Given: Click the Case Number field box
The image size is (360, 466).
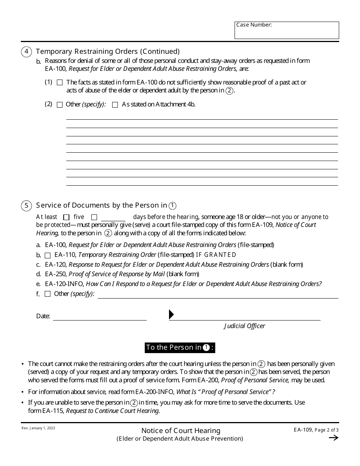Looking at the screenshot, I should click(x=286, y=30).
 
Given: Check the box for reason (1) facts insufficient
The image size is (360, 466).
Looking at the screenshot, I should click(x=59, y=82).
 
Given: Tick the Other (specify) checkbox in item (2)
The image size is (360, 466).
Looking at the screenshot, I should click(x=59, y=105).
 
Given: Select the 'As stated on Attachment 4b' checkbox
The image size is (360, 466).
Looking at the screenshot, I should click(x=115, y=105).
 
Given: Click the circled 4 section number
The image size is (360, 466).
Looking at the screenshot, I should click(x=26, y=52).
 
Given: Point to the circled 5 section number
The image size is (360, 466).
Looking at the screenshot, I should click(x=26, y=206).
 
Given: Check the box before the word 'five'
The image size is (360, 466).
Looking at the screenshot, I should click(x=66, y=217).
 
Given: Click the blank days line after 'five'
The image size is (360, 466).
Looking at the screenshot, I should click(x=113, y=217).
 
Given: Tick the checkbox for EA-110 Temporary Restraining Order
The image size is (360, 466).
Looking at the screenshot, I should click(x=48, y=255).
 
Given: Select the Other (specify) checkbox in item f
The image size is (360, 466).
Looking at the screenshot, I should click(x=48, y=294).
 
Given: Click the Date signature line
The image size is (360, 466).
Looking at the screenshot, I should click(x=100, y=316).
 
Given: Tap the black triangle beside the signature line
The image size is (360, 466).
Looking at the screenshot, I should click(x=171, y=314).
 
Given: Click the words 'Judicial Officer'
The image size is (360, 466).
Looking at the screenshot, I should click(x=244, y=326).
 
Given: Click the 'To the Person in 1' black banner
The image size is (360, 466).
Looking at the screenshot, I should click(x=180, y=348).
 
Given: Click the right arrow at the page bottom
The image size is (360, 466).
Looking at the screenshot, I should click(x=333, y=438).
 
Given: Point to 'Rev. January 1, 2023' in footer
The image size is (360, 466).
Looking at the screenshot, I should click(x=38, y=428).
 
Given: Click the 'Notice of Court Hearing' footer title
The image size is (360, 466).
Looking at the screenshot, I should click(x=181, y=431).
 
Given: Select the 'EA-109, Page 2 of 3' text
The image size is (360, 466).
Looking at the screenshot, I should click(x=316, y=430).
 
